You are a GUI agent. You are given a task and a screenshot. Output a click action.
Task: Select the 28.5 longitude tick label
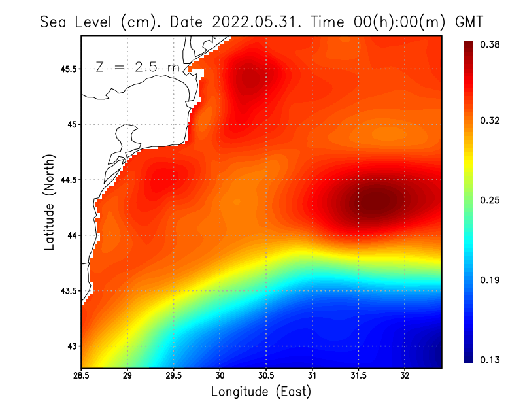82,375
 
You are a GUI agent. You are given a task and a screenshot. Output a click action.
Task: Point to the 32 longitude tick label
405,375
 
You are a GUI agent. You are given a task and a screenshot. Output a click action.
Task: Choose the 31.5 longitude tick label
358,375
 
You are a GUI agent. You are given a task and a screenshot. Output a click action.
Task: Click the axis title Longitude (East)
261,392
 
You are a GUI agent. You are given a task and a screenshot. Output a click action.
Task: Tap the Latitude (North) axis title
50,202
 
